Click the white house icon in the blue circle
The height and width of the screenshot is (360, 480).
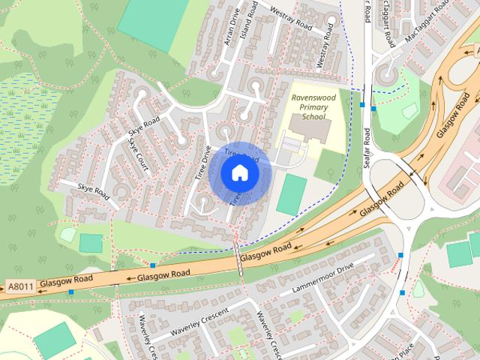point(239,172)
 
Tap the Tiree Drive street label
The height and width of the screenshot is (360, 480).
point(202,162)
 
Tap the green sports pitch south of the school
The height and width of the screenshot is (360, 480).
point(291,195)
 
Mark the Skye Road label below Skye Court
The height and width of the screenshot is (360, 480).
point(93,194)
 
